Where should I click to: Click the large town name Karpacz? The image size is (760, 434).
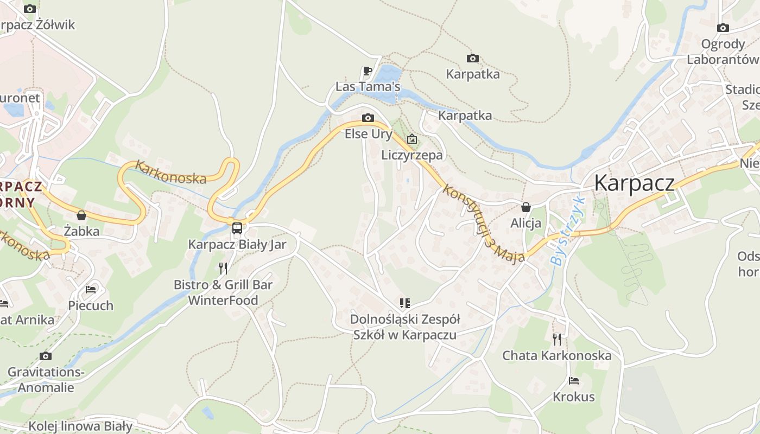tap(634, 183)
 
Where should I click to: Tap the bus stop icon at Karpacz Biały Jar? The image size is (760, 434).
tap(237, 228)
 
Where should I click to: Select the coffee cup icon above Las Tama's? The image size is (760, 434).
tap(368, 71)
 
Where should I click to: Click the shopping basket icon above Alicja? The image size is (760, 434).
tap(525, 207)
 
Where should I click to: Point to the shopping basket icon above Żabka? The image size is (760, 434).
tap(81, 215)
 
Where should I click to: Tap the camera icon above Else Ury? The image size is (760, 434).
tap(368, 118)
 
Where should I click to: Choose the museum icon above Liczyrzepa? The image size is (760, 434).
tap(412, 139)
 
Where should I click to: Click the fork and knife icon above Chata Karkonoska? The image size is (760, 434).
tap(556, 340)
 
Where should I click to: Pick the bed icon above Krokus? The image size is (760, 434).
tap(573, 381)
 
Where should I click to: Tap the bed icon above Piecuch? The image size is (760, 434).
tap(91, 290)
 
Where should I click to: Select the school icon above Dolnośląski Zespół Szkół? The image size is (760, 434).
tap(404, 303)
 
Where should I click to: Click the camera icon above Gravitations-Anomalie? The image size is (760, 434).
tap(46, 356)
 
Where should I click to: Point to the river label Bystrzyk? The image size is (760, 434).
tap(568, 231)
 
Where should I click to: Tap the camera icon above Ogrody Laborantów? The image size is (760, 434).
tap(723, 28)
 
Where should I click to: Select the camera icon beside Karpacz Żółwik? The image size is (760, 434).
tap(30, 9)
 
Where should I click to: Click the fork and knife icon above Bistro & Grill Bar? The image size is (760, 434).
tap(223, 268)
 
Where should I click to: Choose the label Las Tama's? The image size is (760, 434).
tap(368, 87)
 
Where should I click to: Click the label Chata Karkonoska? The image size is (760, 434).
tap(556, 356)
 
